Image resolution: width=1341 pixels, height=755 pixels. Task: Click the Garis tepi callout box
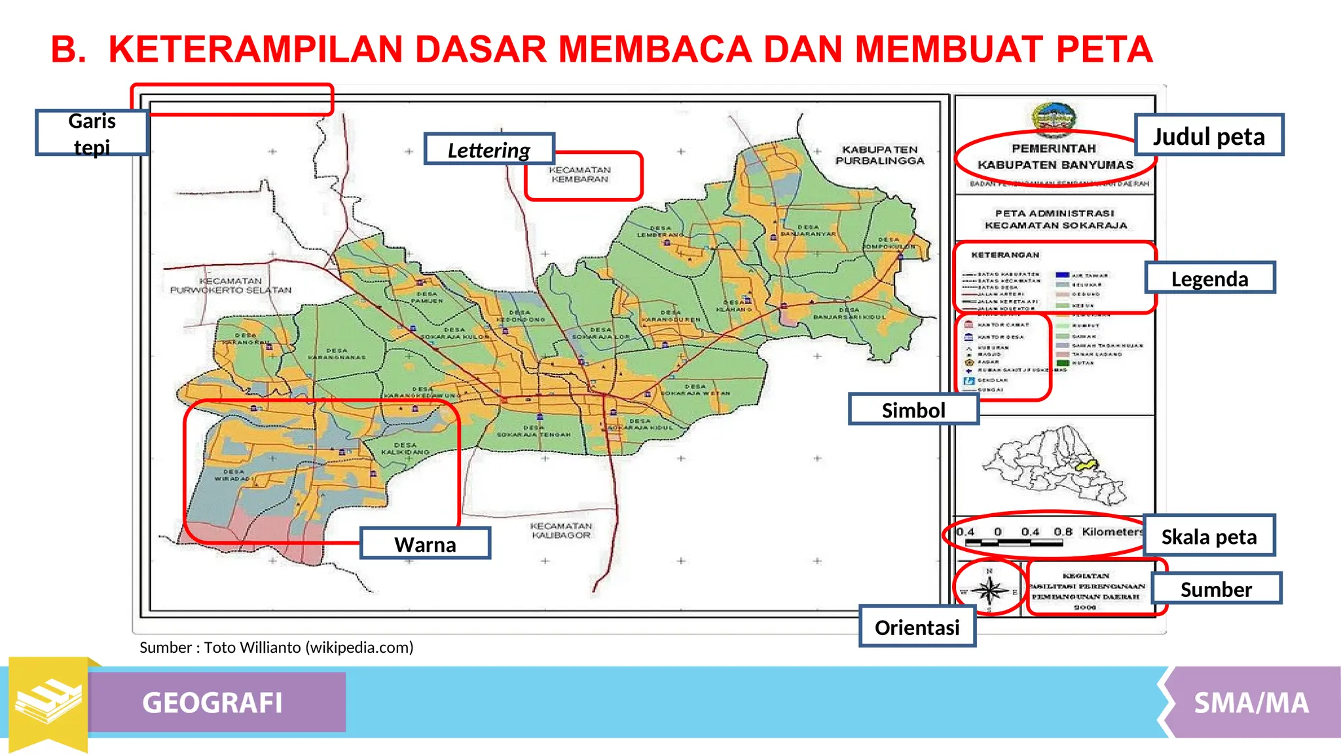[x=92, y=132]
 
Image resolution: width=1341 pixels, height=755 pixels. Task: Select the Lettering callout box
[x=489, y=149]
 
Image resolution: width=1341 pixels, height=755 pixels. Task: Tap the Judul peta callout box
[x=1209, y=135]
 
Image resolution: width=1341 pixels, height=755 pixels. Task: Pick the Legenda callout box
[x=1209, y=278]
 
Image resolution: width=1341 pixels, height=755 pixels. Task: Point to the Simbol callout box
[x=913, y=410]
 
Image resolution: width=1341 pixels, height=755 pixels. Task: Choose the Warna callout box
[x=425, y=543]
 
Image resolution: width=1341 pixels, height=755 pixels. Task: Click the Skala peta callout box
[x=1209, y=536]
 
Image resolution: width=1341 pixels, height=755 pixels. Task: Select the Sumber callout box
[x=1216, y=589]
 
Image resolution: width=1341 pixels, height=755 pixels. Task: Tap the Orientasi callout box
[x=917, y=627]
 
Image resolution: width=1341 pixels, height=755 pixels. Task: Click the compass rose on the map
[x=989, y=590]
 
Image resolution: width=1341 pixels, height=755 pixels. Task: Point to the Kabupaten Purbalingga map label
[x=879, y=155]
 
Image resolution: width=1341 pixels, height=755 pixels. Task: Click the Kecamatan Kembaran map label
[x=579, y=174]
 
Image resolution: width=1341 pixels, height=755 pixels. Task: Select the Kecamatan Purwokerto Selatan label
[x=230, y=286]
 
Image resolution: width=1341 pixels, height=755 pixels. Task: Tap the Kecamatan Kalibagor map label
[x=561, y=531]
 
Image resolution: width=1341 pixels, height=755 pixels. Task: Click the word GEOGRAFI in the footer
[x=213, y=703]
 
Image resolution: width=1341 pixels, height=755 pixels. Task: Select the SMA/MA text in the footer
[x=1251, y=703]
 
